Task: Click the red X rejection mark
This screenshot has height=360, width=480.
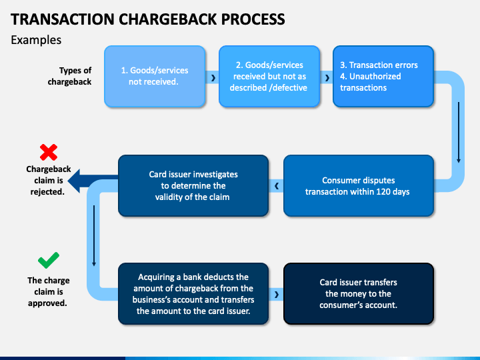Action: pyautogui.click(x=49, y=152)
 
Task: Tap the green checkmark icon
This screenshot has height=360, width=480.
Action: pyautogui.click(x=49, y=260)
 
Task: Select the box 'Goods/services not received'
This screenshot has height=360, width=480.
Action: pyautogui.click(x=155, y=76)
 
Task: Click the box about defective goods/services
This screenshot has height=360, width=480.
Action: pyautogui.click(x=269, y=76)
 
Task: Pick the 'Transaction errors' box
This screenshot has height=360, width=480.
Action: pyautogui.click(x=383, y=76)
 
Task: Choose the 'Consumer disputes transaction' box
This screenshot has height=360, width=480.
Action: pyautogui.click(x=359, y=186)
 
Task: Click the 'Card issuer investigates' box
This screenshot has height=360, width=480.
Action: pyautogui.click(x=193, y=186)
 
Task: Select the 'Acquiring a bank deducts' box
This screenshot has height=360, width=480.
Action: pyautogui.click(x=193, y=294)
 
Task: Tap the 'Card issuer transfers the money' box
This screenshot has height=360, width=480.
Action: pyautogui.click(x=359, y=294)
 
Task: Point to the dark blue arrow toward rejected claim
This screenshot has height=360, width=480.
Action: pyautogui.click(x=93, y=181)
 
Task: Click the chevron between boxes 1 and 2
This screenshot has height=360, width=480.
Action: pyautogui.click(x=213, y=78)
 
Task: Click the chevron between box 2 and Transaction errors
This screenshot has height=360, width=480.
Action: pyautogui.click(x=327, y=78)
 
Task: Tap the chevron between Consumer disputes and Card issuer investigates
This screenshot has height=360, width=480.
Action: pyautogui.click(x=277, y=186)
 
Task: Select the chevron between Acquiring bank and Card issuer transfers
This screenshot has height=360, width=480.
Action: pyautogui.click(x=277, y=295)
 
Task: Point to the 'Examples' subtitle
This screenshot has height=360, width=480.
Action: pyautogui.click(x=36, y=40)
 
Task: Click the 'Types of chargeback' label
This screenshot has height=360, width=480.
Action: pyautogui.click(x=69, y=76)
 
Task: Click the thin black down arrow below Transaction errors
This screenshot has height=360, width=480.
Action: pyautogui.click(x=459, y=133)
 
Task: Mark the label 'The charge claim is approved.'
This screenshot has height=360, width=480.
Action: pyautogui.click(x=48, y=292)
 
